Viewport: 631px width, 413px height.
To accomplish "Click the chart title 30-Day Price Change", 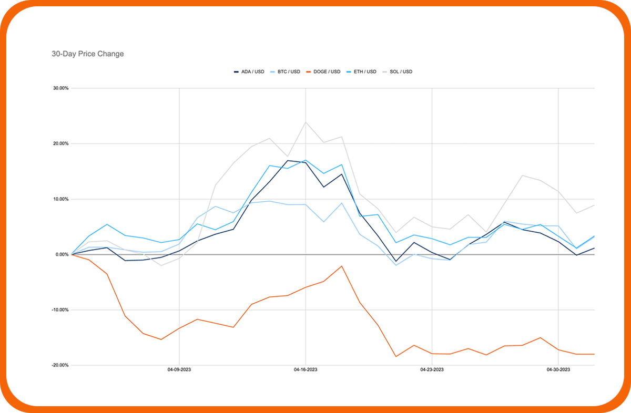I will coord(88,54).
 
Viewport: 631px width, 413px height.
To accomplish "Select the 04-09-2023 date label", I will coord(179,370).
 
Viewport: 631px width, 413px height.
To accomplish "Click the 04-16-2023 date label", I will coord(306,370).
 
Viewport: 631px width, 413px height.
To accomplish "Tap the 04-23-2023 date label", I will coord(432,370).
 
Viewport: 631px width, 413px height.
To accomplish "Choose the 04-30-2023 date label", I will coord(558,370).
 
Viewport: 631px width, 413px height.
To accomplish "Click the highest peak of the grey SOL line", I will coord(306,122).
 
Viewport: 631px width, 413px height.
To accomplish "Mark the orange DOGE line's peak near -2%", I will coord(342,266).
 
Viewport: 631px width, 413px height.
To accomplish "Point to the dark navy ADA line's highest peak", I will coord(288,160).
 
